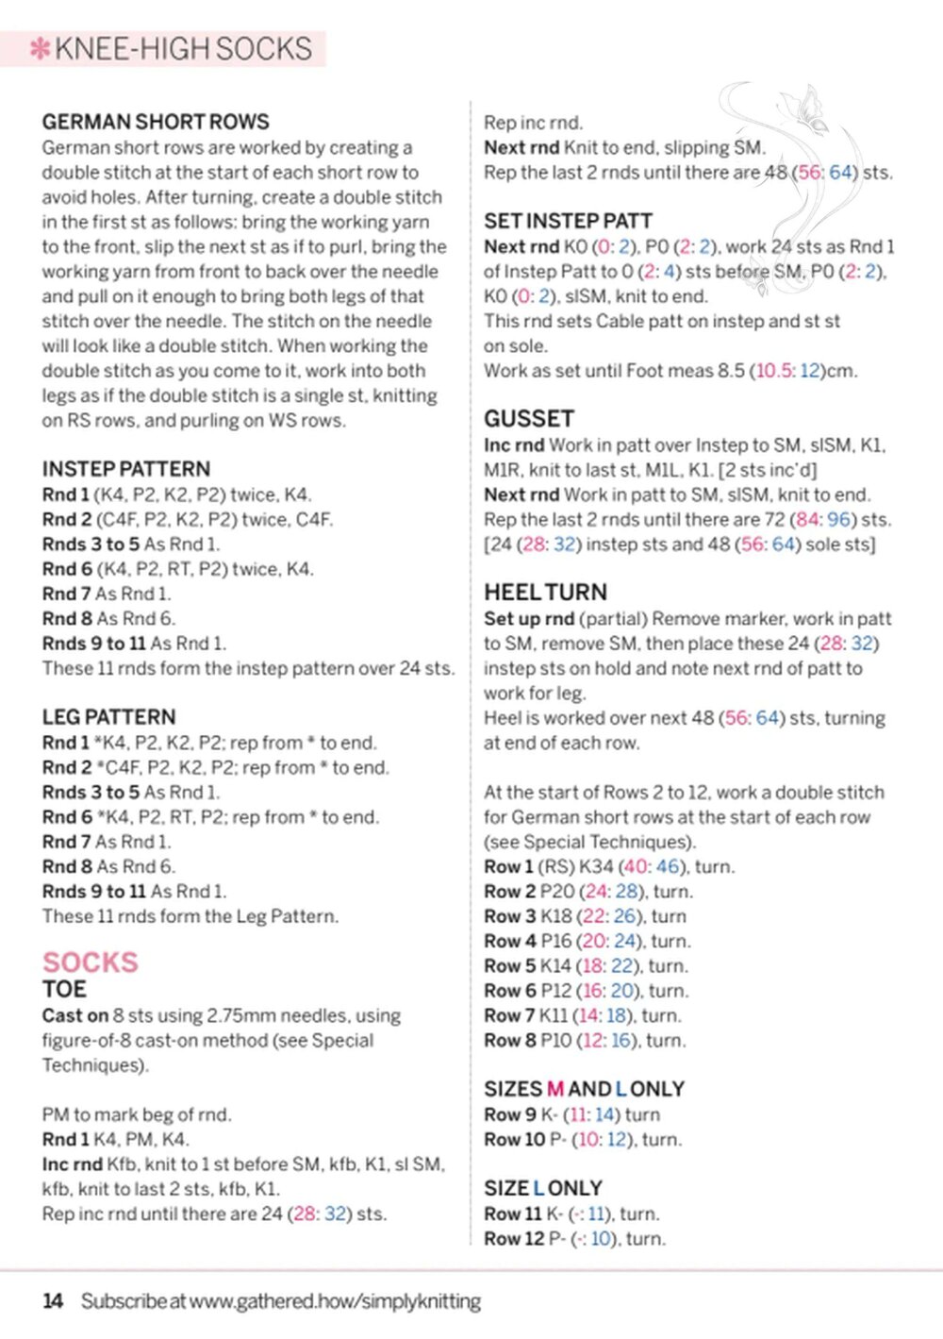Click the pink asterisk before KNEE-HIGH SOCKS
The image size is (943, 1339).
pyautogui.click(x=40, y=49)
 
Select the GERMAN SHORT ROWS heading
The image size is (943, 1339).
pyautogui.click(x=156, y=122)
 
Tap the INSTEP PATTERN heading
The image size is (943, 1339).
pyautogui.click(x=125, y=469)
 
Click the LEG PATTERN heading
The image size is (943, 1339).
pyautogui.click(x=108, y=717)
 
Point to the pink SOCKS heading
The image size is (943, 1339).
pyautogui.click(x=90, y=962)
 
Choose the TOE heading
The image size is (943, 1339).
pyautogui.click(x=64, y=990)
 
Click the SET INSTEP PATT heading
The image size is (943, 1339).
pyautogui.click(x=568, y=221)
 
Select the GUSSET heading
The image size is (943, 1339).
pyautogui.click(x=529, y=419)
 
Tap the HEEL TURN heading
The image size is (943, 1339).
pyautogui.click(x=545, y=593)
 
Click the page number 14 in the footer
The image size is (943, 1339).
pyautogui.click(x=53, y=1301)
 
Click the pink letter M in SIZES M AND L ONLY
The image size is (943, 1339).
pyautogui.click(x=554, y=1089)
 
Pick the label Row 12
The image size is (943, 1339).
pyautogui.click(x=513, y=1239)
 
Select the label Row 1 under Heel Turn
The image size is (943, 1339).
pyautogui.click(x=508, y=867)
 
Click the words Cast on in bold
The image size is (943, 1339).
pyautogui.click(x=75, y=1016)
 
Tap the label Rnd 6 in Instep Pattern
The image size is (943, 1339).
pyautogui.click(x=65, y=569)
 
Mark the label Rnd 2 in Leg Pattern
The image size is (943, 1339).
pyautogui.click(x=65, y=768)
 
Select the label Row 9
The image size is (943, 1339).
pyautogui.click(x=509, y=1114)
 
